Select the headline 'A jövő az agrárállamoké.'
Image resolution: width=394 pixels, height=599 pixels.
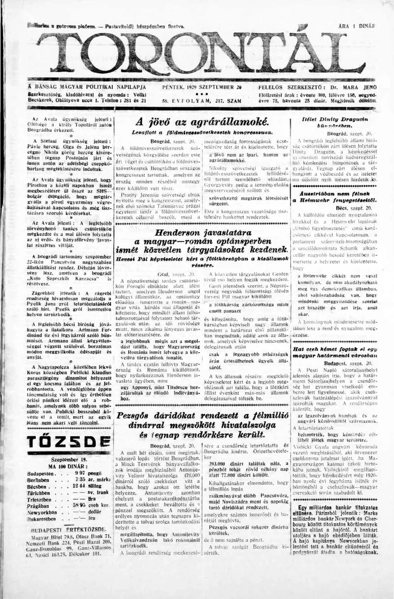click(x=202, y=121)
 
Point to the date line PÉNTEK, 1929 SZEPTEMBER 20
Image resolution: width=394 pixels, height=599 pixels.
click(x=202, y=87)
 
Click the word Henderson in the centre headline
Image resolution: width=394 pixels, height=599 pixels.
click(x=177, y=233)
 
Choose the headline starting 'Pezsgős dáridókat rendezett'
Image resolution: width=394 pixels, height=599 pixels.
click(x=202, y=415)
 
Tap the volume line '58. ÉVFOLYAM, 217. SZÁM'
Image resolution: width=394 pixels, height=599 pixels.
click(x=202, y=101)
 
